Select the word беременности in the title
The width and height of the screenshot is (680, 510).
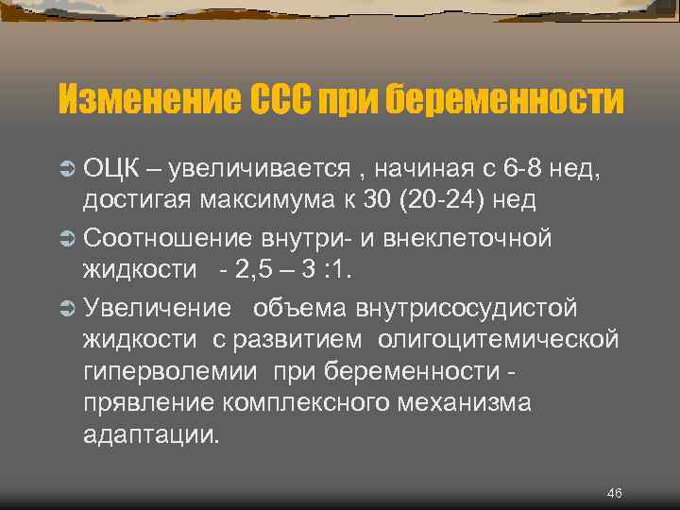tap(505, 99)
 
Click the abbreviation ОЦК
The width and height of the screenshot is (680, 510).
tap(112, 170)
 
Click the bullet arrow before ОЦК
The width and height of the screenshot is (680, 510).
tap(67, 170)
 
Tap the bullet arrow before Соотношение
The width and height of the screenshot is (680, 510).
tap(67, 238)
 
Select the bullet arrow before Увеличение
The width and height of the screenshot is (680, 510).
tap(67, 308)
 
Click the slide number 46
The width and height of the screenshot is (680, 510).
tap(614, 493)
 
